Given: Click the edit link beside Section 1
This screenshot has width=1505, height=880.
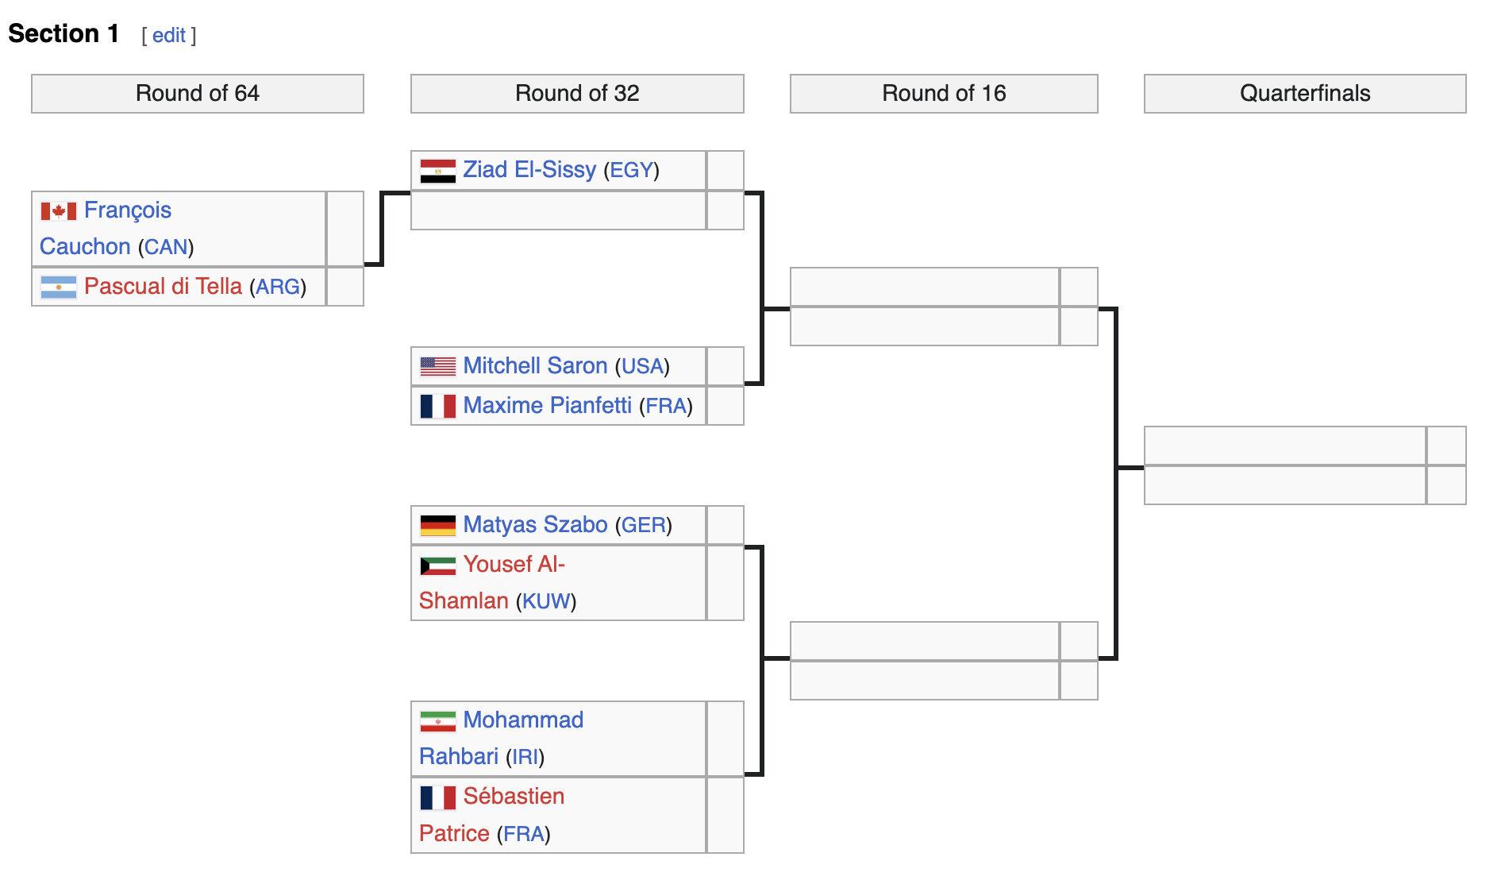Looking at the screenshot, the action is [168, 36].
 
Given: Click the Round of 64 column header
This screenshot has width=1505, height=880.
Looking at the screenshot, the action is [198, 94].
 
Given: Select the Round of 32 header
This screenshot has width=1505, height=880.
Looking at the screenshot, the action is [577, 94].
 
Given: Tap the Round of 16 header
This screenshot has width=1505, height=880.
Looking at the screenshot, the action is [944, 94].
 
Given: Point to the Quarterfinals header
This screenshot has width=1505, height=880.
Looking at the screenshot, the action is [1304, 94].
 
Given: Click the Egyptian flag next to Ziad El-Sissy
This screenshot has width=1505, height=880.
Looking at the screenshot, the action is [437, 171].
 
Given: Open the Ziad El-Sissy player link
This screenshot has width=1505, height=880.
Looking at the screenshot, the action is [529, 170].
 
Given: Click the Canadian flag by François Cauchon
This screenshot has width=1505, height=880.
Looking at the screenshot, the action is [59, 211].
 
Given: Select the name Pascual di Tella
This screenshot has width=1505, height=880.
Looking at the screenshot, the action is [163, 287].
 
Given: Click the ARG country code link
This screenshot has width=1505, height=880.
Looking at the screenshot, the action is [278, 288].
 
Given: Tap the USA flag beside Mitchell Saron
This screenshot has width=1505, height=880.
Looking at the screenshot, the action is [437, 366].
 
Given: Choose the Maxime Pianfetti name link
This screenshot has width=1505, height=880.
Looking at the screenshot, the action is [547, 406].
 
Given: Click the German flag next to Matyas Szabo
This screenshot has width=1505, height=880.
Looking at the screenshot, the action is [437, 525].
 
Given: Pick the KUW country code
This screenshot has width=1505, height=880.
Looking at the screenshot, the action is [546, 601].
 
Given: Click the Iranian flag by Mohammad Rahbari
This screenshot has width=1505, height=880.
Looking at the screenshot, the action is [437, 721].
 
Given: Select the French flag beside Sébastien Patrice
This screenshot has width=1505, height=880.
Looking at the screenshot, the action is [437, 797].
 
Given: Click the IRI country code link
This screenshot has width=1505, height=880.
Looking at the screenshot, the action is [525, 757].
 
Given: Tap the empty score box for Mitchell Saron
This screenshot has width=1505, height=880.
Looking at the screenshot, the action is [725, 366].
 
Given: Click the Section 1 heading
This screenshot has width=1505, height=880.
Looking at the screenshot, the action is [64, 34].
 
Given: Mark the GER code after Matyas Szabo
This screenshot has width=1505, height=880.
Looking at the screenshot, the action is [644, 526].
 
